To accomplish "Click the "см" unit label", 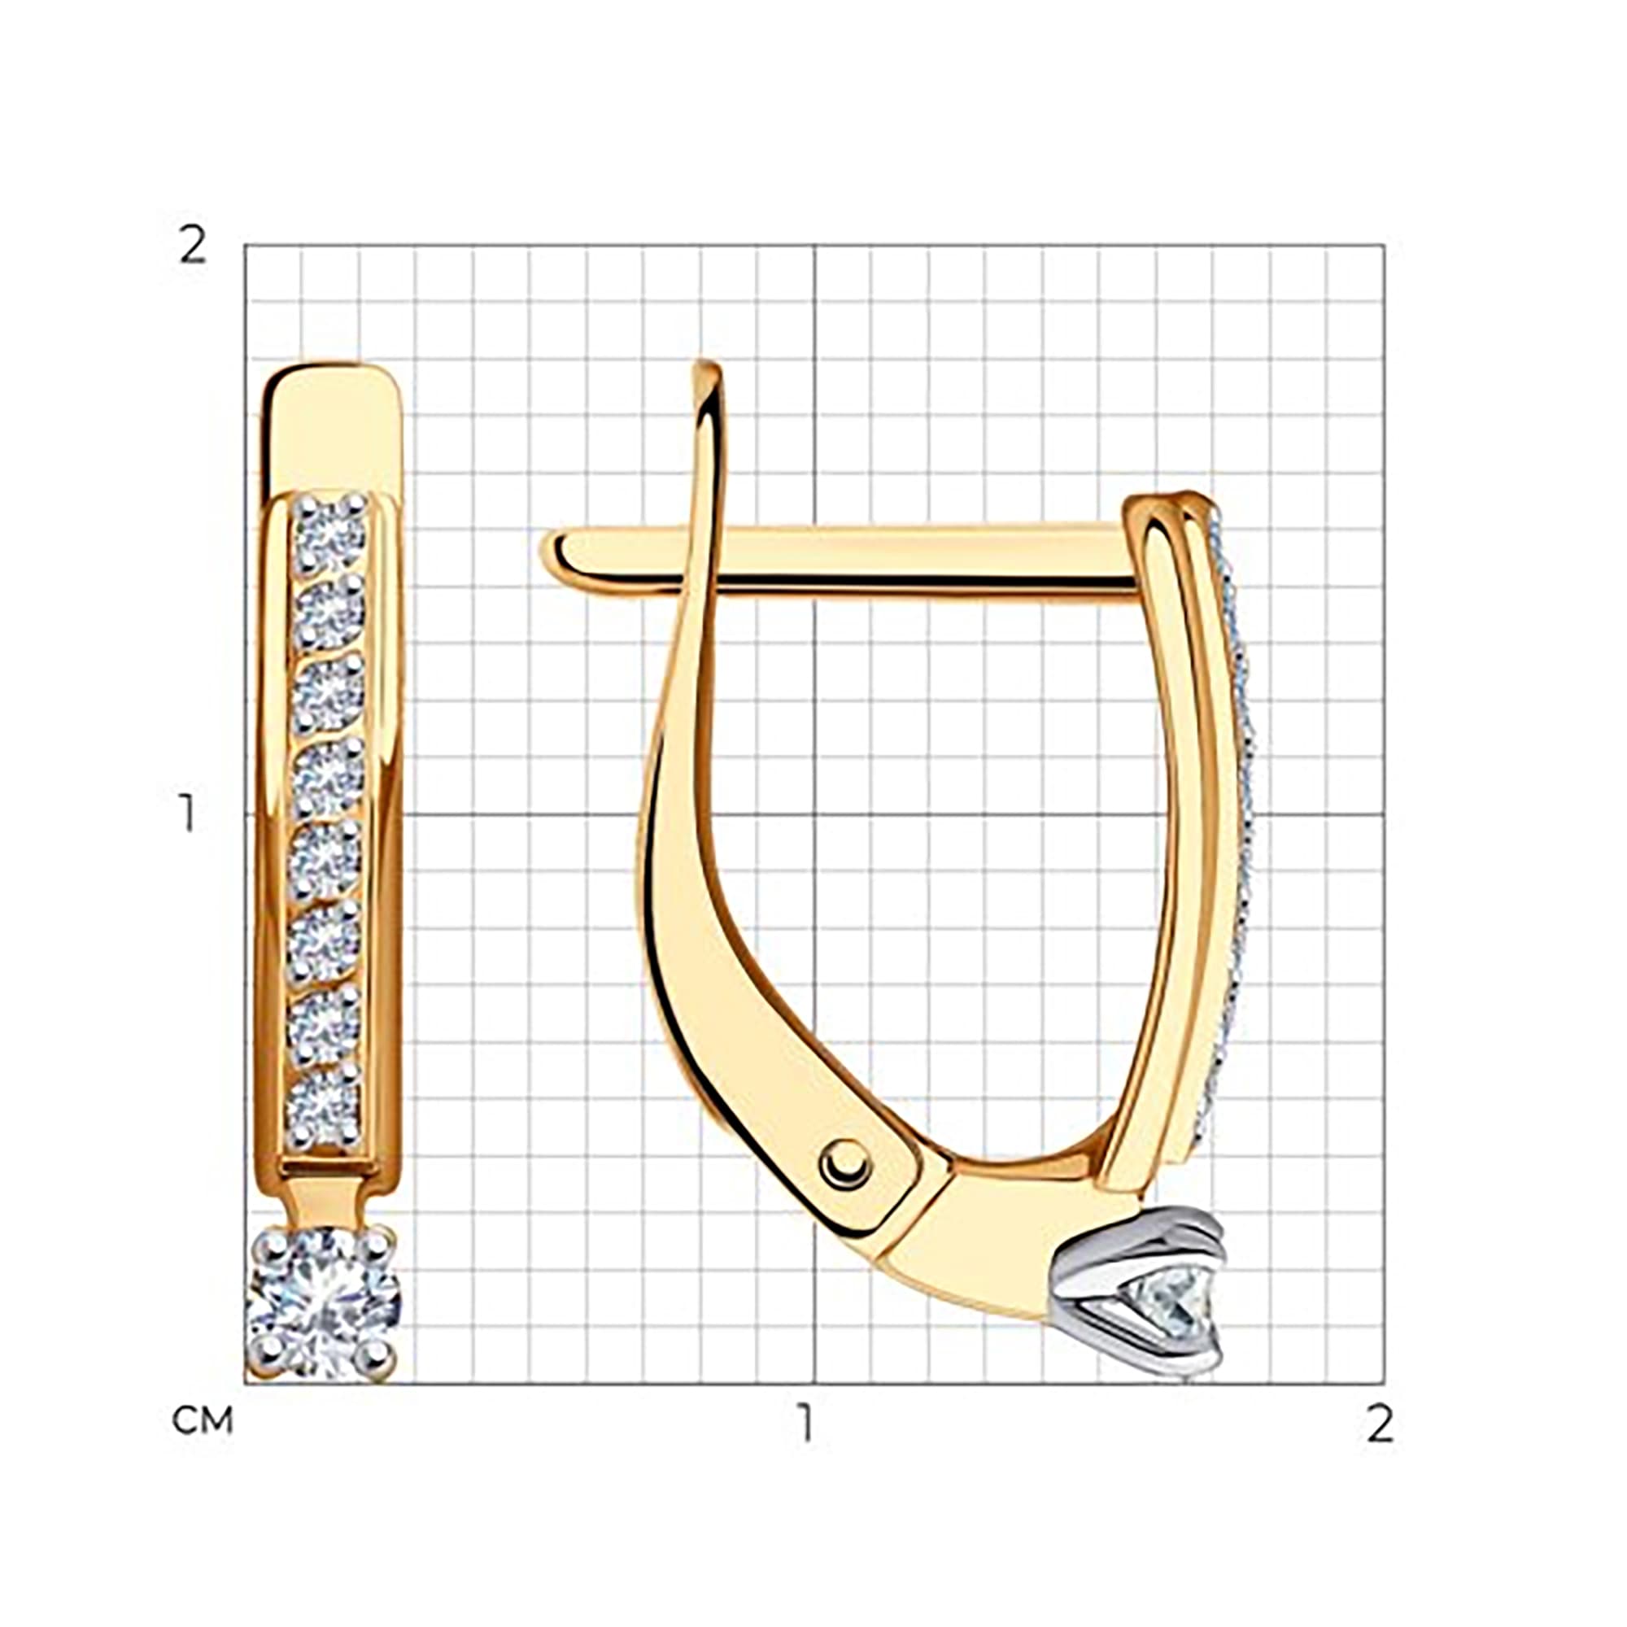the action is coord(202,1420).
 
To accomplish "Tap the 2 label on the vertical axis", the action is coord(193,246).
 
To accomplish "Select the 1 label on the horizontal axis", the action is coord(807,1423).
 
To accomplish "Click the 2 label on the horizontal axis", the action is coord(1380,1423).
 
